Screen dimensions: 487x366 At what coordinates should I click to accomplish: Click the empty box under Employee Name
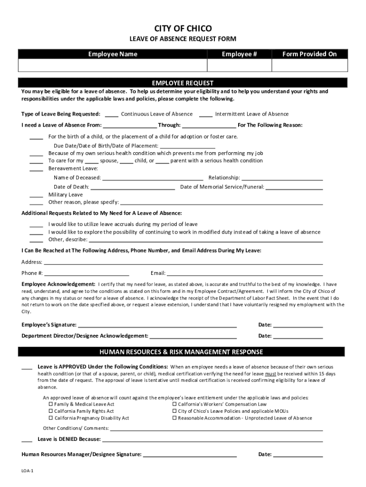pos(113,65)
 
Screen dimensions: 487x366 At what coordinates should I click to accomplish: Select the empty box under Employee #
pos(239,65)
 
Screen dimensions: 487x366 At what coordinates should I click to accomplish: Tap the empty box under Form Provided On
pos(309,65)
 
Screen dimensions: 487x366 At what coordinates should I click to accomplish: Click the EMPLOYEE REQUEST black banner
pos(183,82)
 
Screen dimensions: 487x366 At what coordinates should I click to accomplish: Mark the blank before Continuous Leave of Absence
pos(112,115)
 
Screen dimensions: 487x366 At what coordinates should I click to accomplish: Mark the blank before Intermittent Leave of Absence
pos(206,115)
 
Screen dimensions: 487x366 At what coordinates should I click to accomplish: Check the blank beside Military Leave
pos(37,195)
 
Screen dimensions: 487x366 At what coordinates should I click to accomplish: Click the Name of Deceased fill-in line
pos(153,178)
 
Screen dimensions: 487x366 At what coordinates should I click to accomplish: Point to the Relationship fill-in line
pos(282,178)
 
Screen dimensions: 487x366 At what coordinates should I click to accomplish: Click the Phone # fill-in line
pos(87,274)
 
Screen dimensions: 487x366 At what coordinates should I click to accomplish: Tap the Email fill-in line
pos(245,274)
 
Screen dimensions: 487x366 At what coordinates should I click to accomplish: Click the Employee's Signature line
pos(157,326)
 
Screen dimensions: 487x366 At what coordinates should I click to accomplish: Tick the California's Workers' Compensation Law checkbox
pos(174,404)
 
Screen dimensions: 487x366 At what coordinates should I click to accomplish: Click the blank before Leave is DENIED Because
pos(27,440)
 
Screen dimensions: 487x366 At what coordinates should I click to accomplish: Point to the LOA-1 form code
pos(28,470)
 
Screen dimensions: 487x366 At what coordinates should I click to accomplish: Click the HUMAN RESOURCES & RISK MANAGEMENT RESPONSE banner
pos(181,352)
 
